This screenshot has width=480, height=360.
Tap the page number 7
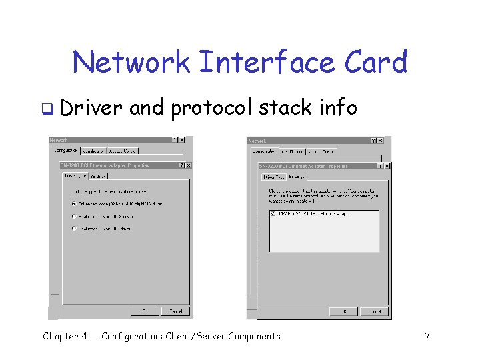click(x=427, y=336)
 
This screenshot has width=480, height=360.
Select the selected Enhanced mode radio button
click(x=74, y=203)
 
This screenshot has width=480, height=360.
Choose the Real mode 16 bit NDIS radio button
click(x=74, y=216)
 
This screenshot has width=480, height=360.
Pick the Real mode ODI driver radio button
click(x=74, y=229)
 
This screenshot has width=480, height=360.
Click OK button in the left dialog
click(x=145, y=311)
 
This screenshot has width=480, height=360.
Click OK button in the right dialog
click(x=343, y=311)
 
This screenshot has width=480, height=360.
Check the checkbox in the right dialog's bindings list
click(x=273, y=214)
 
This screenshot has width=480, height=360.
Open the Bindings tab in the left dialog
click(x=99, y=176)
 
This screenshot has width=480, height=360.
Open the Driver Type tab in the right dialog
click(x=274, y=177)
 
